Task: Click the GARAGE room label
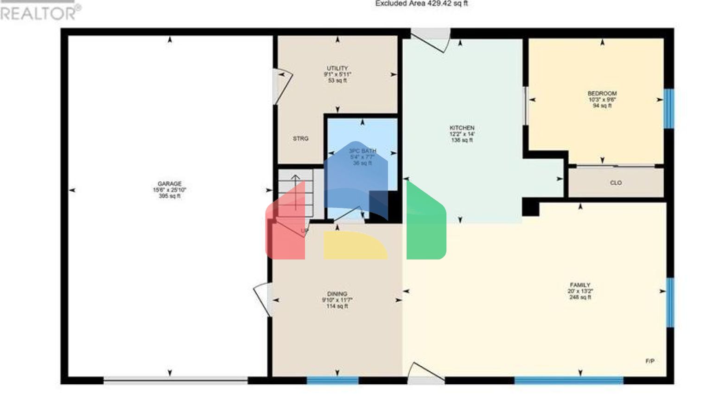point(170,184)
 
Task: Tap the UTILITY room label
point(337,68)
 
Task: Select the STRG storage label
point(300,139)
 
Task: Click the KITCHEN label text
point(462,128)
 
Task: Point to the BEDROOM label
point(602,93)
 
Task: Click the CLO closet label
point(616,183)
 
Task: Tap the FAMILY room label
point(580,285)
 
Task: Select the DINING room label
point(337,294)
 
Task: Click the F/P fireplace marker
point(650,361)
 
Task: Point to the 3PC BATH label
point(362,151)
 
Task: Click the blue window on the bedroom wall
point(669,109)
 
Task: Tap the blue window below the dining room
point(332,381)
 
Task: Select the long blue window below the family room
point(568,381)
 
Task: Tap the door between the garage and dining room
point(262,299)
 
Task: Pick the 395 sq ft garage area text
point(170,196)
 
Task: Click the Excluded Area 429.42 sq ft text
point(421,4)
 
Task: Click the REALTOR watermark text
point(39,13)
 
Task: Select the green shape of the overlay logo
point(426,223)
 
